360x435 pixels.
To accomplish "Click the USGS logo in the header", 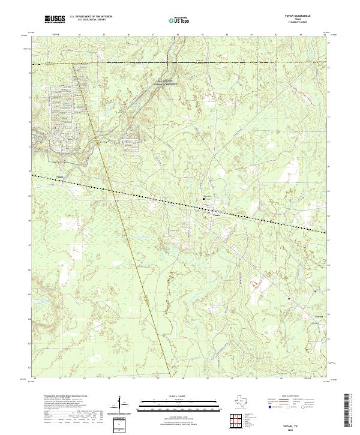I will click(55, 20).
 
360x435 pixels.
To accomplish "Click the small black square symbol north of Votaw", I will click(204, 199).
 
